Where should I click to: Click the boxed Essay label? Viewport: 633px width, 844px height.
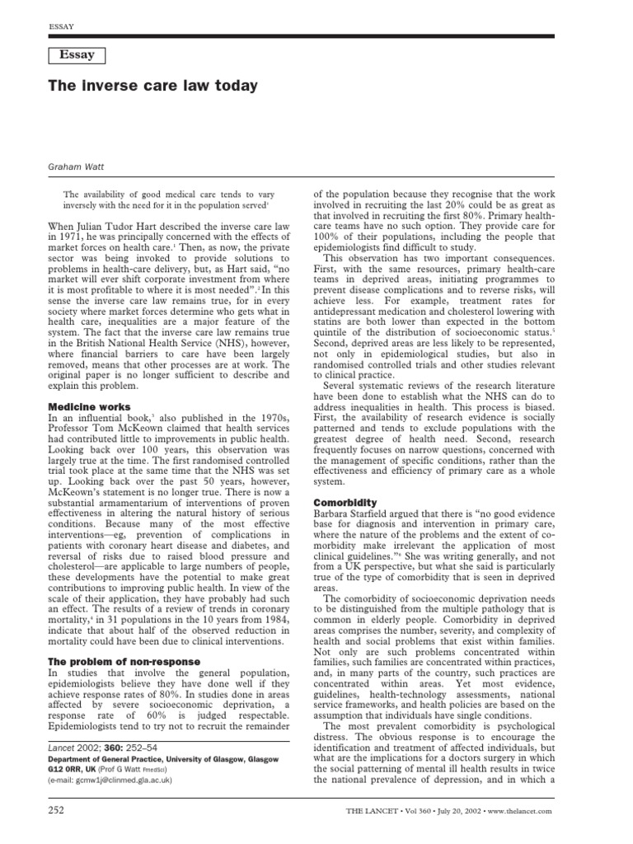tap(76, 55)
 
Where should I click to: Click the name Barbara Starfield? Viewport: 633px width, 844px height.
tap(353, 513)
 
